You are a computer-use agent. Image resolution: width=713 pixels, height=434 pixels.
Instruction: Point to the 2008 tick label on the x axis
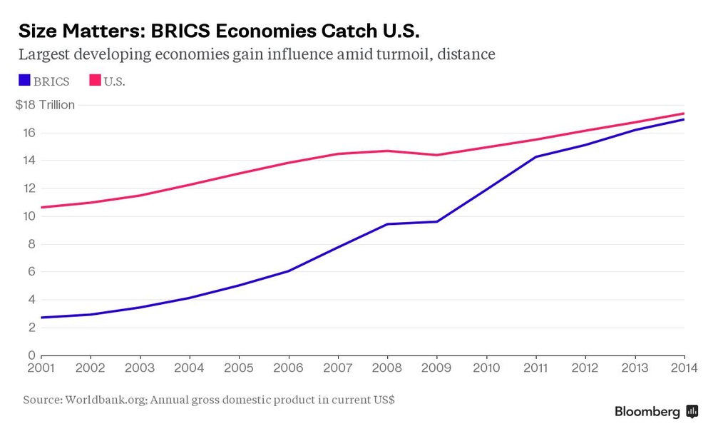tap(387, 368)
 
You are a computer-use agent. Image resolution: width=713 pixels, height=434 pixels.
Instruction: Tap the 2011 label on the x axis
tap(535, 368)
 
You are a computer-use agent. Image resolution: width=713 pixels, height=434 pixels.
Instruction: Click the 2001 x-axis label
tap(41, 368)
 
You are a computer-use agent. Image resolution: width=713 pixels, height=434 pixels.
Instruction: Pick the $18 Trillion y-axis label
tap(45, 105)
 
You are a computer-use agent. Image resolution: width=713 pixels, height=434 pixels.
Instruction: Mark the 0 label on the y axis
tap(31, 355)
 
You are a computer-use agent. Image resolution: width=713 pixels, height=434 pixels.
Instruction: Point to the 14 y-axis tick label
tap(29, 161)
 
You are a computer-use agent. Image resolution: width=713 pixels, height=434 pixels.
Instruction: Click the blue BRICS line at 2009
tap(437, 221)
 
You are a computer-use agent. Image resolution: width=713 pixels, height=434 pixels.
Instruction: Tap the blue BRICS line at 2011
tap(535, 157)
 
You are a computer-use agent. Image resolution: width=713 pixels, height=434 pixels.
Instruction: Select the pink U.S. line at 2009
tap(437, 155)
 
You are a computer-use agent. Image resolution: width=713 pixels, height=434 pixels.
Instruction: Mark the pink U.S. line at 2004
tap(189, 185)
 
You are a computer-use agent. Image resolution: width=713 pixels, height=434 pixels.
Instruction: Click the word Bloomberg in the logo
tap(647, 412)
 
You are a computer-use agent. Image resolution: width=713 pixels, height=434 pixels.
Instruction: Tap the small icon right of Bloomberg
tap(692, 412)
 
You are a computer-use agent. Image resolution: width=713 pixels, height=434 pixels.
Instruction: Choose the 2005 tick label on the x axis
tap(239, 368)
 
